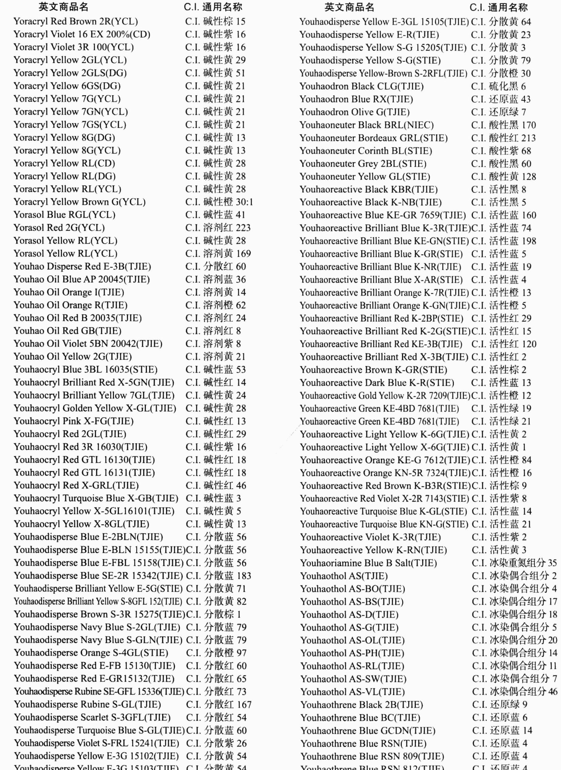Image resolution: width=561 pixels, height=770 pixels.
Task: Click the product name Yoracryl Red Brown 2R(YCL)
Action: (x=76, y=21)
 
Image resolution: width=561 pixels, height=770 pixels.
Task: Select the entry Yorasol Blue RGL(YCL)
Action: (x=64, y=215)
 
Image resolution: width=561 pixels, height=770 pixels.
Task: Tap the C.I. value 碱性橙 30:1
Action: (x=219, y=202)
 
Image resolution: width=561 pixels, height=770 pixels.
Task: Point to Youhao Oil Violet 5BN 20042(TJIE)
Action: (x=88, y=344)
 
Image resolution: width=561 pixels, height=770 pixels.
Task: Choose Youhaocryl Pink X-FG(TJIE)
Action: (x=73, y=421)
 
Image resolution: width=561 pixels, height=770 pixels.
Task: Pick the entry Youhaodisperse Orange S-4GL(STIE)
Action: (x=91, y=653)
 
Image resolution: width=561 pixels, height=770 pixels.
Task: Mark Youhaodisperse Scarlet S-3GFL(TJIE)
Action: (x=92, y=717)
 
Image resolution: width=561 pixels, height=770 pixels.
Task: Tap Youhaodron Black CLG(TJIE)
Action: (x=361, y=86)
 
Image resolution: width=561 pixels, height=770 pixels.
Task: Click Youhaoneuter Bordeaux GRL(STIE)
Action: (x=374, y=138)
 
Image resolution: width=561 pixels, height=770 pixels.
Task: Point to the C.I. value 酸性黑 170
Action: (x=504, y=125)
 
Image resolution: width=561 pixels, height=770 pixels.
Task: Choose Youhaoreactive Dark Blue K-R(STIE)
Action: (x=377, y=383)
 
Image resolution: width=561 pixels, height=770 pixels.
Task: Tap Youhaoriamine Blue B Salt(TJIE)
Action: (x=368, y=563)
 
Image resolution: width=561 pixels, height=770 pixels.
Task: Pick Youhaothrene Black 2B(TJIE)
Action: (x=362, y=704)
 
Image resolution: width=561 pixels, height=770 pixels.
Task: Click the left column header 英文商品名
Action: (x=63, y=7)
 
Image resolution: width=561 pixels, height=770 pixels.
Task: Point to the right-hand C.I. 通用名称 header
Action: (x=499, y=7)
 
